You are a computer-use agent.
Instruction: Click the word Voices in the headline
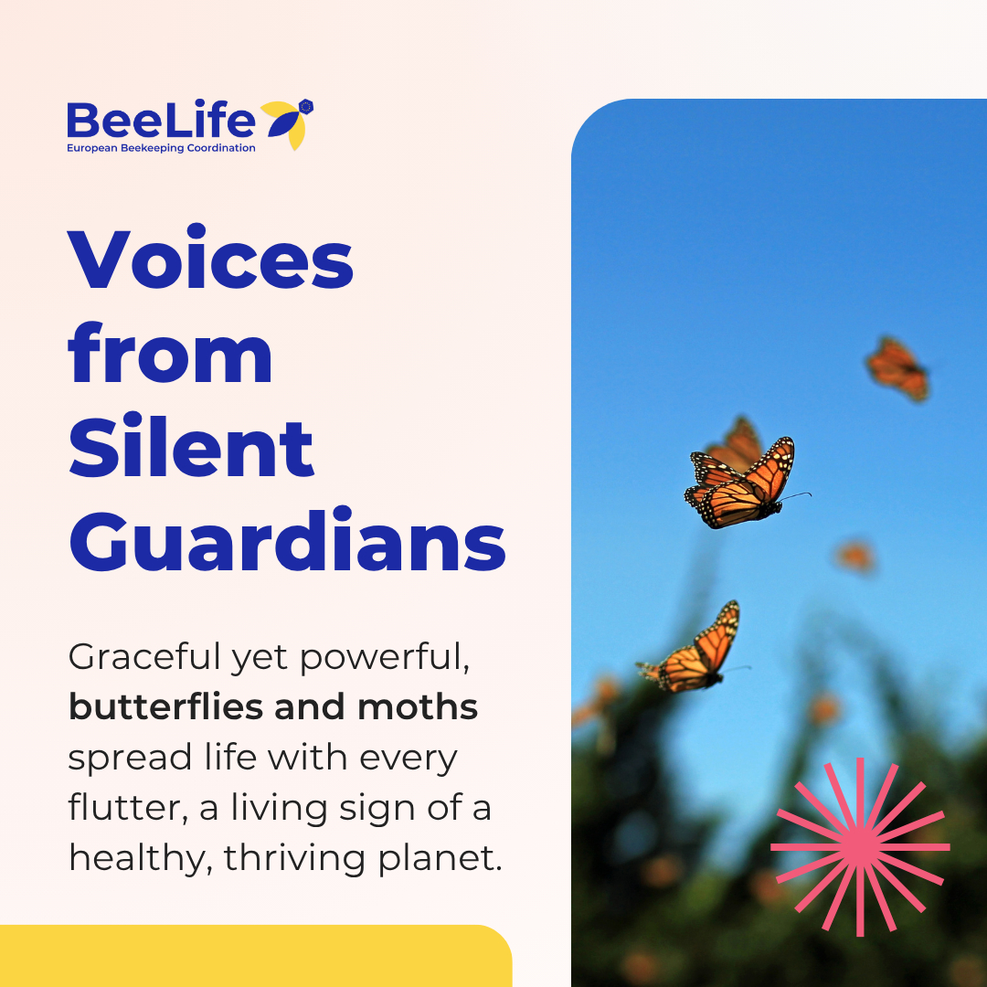210,257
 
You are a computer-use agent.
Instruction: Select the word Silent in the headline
191,445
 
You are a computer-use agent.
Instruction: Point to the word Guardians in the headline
287,539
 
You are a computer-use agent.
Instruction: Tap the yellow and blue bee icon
288,124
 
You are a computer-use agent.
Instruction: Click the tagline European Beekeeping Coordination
161,148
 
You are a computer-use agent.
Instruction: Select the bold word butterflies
165,706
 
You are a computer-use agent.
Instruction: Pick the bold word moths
418,706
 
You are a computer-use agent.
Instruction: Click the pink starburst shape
861,846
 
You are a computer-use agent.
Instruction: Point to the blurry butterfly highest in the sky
897,368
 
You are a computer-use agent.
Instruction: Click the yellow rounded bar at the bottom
256,956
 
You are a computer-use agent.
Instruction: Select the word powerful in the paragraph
385,658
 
